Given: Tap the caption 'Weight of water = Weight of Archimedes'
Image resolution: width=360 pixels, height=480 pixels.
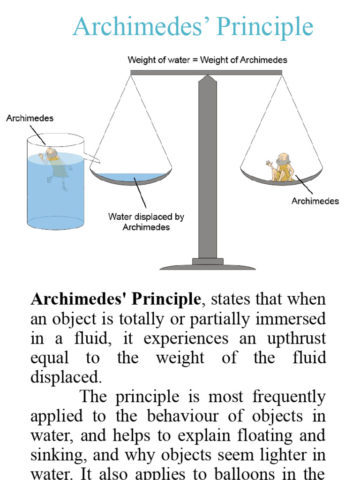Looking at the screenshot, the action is tap(207, 60).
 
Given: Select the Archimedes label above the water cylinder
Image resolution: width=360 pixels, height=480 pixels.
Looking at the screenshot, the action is tap(30, 119).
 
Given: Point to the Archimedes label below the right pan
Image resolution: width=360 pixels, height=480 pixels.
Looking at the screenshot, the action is tap(315, 201).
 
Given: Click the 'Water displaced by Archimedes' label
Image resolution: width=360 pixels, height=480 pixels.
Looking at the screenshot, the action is tap(146, 222).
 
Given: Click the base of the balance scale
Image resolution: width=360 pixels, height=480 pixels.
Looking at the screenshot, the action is tap(208, 266).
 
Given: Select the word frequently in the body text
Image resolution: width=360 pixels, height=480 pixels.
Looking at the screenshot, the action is tap(289, 397).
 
